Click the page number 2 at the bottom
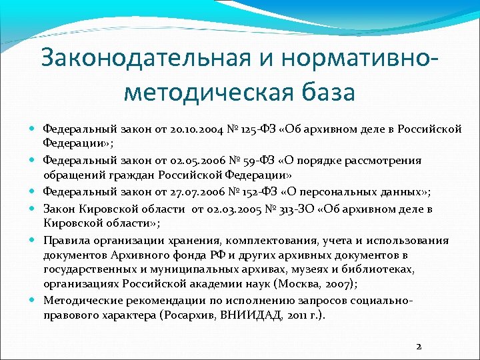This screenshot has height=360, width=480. [x=418, y=346]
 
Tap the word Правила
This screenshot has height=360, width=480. [x=64, y=241]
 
